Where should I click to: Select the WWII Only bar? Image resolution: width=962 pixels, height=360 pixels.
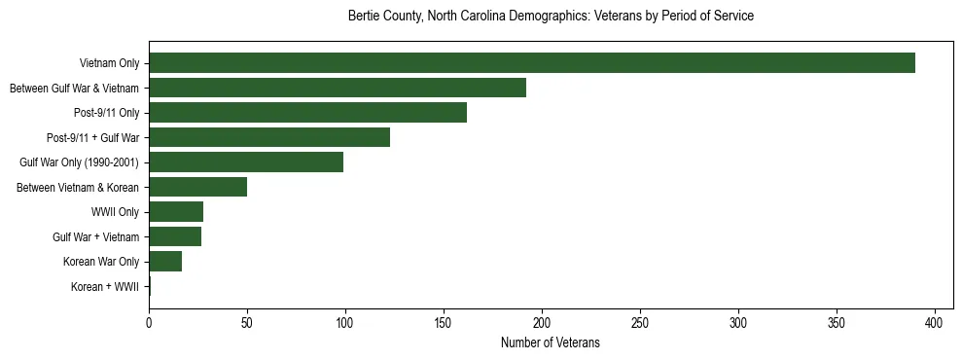(x=176, y=212)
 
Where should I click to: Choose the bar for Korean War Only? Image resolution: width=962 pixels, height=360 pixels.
(x=165, y=262)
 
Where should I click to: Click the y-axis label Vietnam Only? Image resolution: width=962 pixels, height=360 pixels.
(x=109, y=64)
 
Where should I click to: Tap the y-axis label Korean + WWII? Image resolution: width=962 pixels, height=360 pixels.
(x=106, y=287)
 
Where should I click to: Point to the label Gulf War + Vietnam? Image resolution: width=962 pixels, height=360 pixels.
(x=96, y=237)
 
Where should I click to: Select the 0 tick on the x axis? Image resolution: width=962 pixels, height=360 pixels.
(x=149, y=321)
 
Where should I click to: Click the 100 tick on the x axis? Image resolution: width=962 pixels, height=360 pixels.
(x=345, y=321)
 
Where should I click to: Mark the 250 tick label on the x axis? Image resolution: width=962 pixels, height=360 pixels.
(x=640, y=321)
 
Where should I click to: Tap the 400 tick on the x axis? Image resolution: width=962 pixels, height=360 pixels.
(x=935, y=321)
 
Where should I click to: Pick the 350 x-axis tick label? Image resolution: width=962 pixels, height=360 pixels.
(x=837, y=321)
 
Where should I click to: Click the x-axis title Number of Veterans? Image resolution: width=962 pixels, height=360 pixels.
(x=550, y=342)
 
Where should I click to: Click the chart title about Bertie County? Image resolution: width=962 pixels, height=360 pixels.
(x=551, y=17)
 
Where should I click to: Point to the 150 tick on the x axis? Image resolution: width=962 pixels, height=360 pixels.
(x=444, y=321)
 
